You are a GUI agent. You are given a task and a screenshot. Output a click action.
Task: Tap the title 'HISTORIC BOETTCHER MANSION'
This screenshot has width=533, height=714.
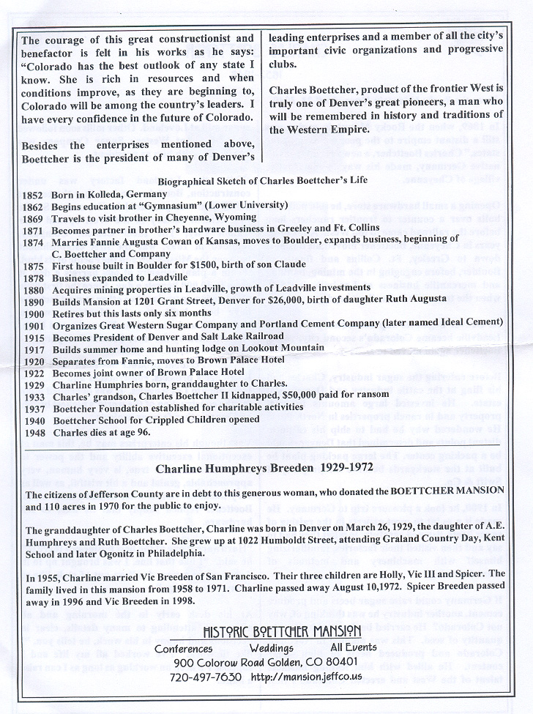click(282, 631)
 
